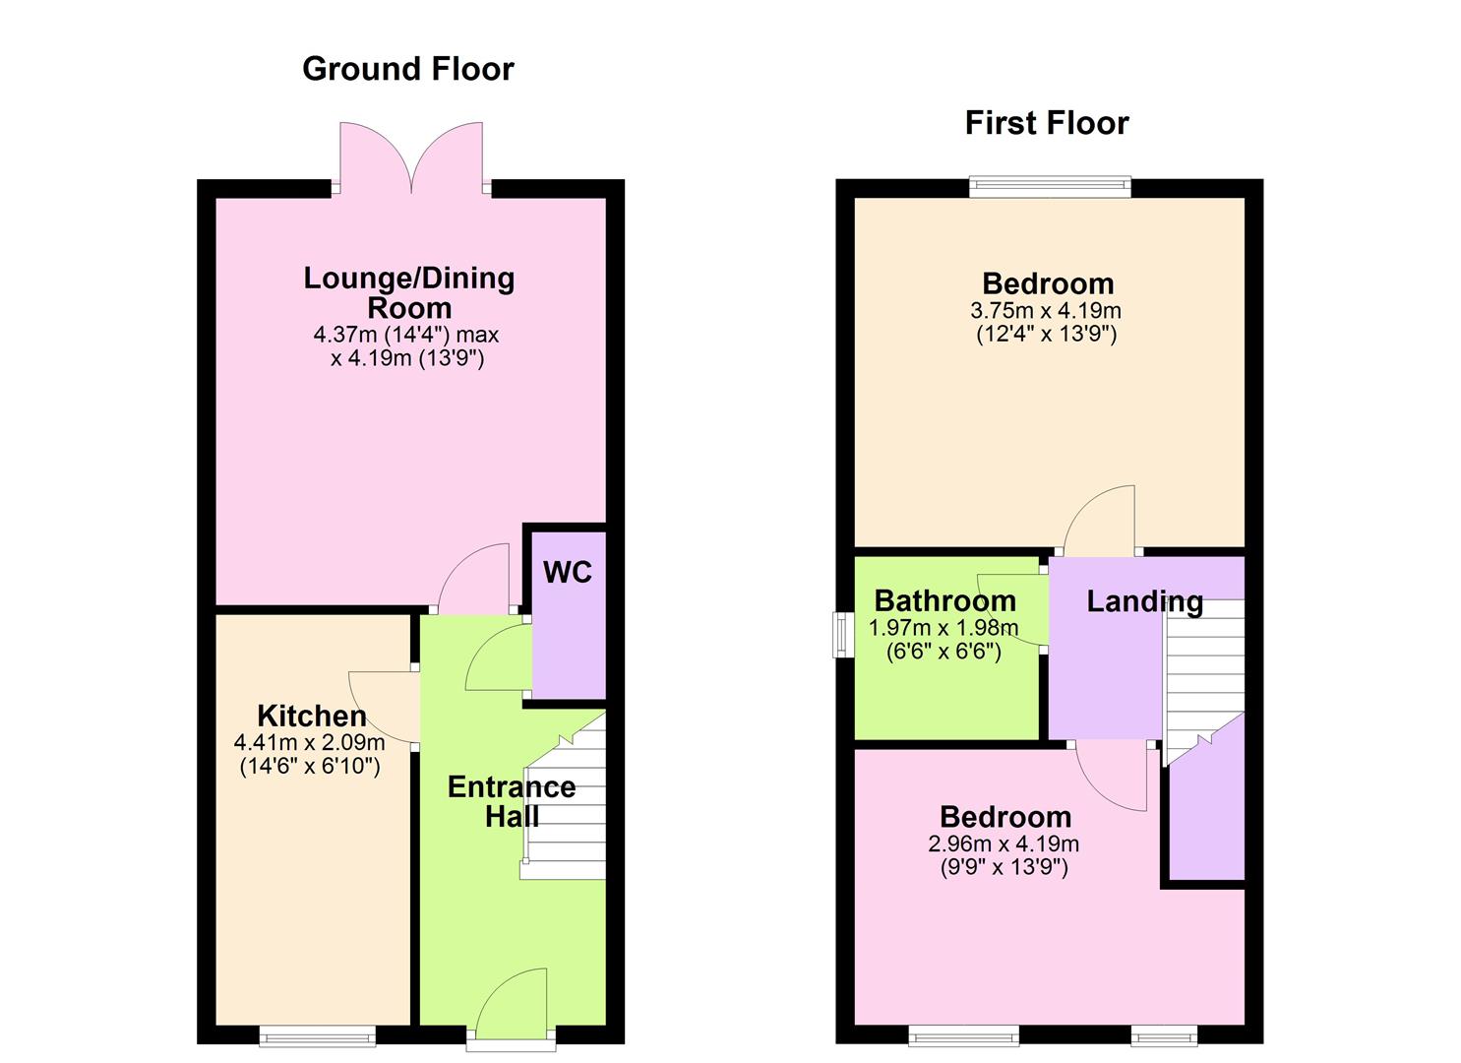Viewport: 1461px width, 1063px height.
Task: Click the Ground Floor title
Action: click(407, 69)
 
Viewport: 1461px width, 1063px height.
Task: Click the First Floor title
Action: click(1046, 123)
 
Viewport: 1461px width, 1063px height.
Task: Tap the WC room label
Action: click(568, 573)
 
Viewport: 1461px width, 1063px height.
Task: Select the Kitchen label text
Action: click(311, 716)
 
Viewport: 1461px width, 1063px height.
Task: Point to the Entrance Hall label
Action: click(512, 801)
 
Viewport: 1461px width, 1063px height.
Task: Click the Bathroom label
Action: click(944, 600)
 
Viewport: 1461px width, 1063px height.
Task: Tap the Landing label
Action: click(1144, 601)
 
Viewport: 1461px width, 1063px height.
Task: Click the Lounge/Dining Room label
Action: click(408, 292)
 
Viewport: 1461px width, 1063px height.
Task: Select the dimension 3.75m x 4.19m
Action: click(1046, 311)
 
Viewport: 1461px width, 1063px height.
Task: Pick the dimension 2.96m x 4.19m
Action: click(1004, 844)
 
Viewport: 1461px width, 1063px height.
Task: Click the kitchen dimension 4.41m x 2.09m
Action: click(309, 743)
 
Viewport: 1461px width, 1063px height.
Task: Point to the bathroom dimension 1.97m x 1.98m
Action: click(944, 628)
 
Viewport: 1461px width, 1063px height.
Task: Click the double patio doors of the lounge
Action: click(411, 157)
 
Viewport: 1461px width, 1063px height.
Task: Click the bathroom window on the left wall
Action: click(842, 635)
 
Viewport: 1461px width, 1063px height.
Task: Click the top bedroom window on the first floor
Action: click(1050, 186)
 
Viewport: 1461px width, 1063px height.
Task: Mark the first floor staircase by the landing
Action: click(1204, 679)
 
